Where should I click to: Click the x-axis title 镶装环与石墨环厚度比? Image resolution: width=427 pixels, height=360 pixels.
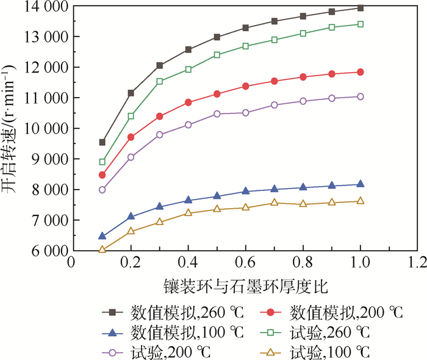pos(245,286)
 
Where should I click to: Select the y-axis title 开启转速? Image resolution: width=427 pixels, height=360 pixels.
pos(12,128)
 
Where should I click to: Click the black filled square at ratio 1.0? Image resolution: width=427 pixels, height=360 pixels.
pos(360,8)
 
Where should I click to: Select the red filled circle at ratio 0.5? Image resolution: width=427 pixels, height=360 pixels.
pos(217,94)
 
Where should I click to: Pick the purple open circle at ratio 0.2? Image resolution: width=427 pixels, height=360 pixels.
pos(131,157)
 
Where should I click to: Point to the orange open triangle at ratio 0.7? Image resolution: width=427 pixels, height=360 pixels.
pos(274,202)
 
